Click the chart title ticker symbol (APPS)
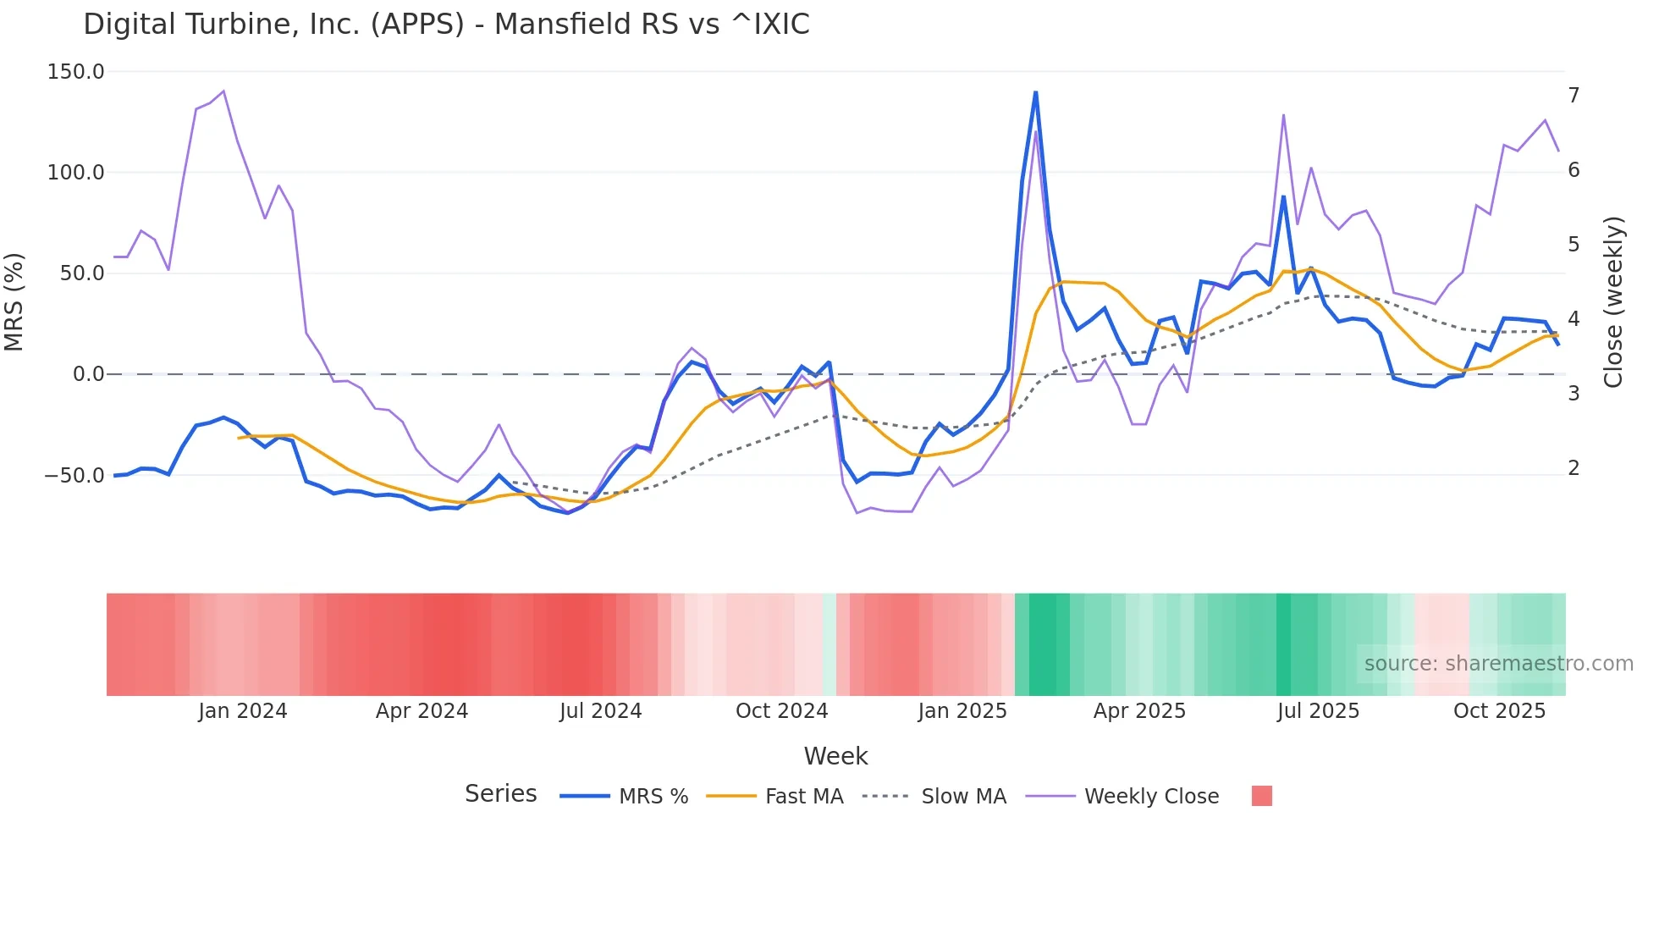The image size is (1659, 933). (417, 24)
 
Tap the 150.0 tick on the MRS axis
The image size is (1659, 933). (75, 72)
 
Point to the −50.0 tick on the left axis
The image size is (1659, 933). (74, 476)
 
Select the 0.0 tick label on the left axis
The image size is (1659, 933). (88, 374)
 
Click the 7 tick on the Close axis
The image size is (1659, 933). (1574, 96)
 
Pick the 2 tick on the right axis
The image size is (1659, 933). (1574, 468)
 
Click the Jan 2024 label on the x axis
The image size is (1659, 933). (243, 711)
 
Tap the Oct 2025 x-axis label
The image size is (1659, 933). (1499, 711)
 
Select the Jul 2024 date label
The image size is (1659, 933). (600, 711)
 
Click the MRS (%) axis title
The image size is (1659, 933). (14, 301)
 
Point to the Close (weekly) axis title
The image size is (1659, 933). (1613, 301)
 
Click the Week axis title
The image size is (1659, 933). (835, 756)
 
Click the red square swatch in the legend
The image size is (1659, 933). (1261, 796)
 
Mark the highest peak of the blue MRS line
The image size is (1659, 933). (1035, 92)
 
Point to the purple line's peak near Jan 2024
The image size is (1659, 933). (223, 91)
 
